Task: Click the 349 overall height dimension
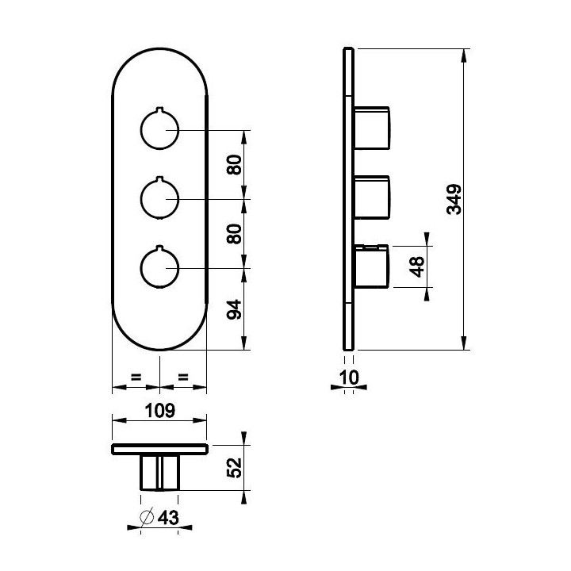454,199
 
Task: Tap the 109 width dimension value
160,411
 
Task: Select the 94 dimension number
234,309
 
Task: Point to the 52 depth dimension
234,468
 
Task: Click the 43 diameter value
168,517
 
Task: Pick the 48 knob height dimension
416,267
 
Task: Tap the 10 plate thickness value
349,377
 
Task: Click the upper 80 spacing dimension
234,165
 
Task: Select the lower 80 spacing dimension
234,234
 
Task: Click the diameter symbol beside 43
147,517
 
